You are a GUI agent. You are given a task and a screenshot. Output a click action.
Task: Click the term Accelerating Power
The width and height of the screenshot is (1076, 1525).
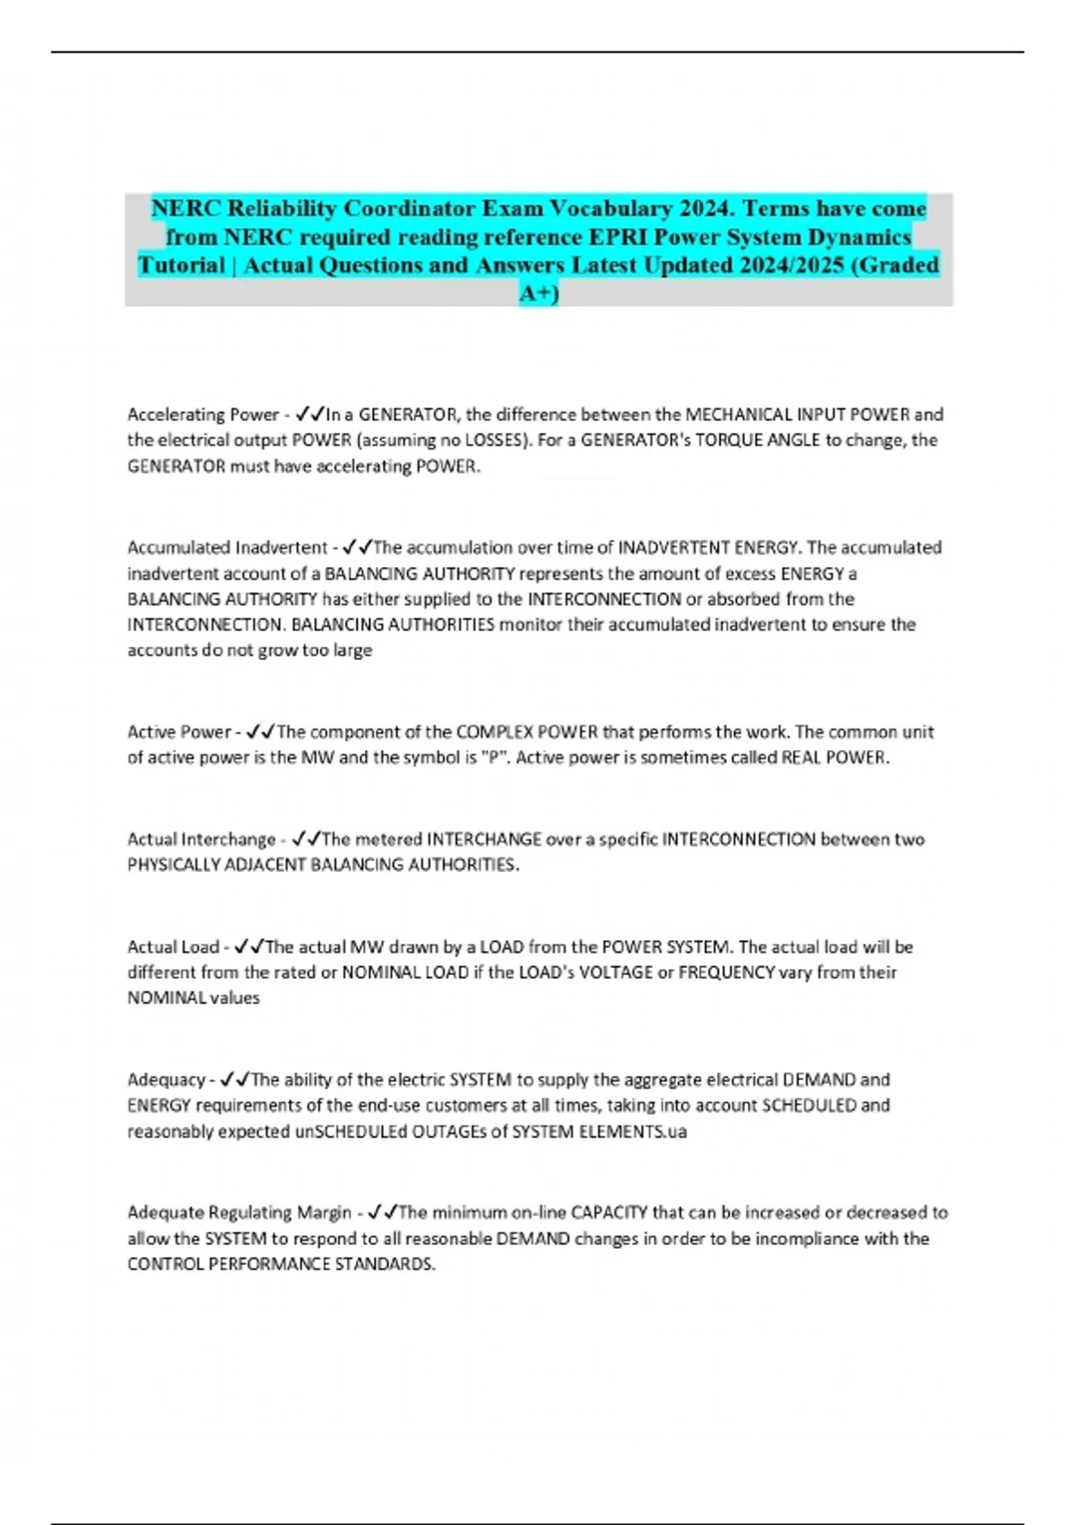pos(203,414)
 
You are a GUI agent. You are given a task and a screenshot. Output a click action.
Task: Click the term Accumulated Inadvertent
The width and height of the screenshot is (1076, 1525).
pos(227,547)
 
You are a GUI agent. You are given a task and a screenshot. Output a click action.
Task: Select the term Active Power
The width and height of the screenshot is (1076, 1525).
pos(178,732)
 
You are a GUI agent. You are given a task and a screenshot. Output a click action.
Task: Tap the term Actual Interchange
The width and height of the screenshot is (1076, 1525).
pos(201,840)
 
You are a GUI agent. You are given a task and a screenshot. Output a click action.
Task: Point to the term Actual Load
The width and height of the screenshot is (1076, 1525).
pos(173,947)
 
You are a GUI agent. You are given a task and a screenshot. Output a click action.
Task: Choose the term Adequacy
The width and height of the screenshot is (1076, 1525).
pos(166,1080)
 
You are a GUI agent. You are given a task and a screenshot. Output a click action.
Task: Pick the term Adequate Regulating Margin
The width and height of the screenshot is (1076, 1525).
pos(239,1213)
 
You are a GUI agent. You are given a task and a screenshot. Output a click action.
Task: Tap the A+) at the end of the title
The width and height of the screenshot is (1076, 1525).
pos(538,293)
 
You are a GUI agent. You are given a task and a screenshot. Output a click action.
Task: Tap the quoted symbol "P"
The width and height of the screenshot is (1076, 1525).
pos(493,758)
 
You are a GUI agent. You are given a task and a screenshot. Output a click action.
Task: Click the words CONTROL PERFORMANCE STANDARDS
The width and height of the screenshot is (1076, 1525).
pos(280,1265)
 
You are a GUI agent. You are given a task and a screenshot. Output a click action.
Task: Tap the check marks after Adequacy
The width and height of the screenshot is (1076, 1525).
pos(234,1080)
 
